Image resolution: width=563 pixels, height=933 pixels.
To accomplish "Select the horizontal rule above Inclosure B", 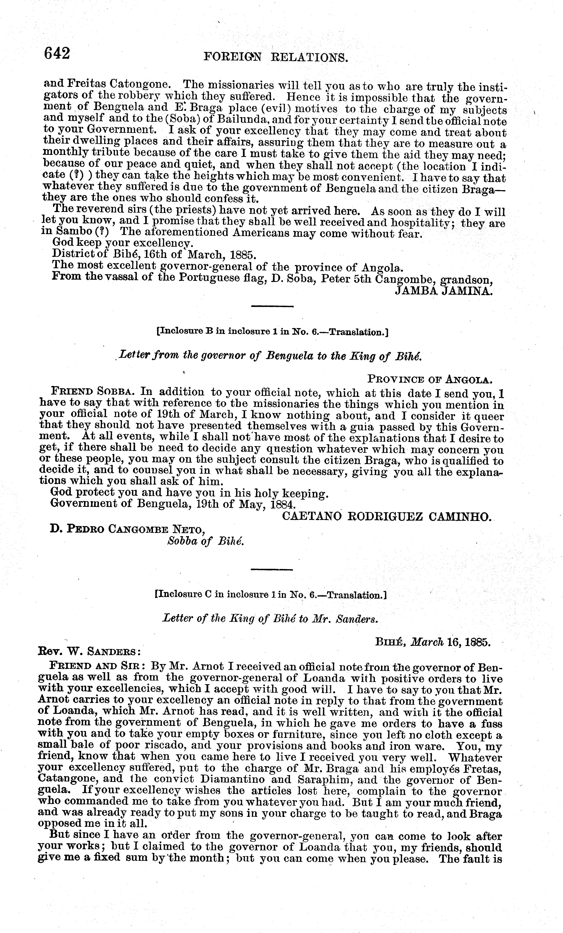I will click(x=272, y=306).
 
